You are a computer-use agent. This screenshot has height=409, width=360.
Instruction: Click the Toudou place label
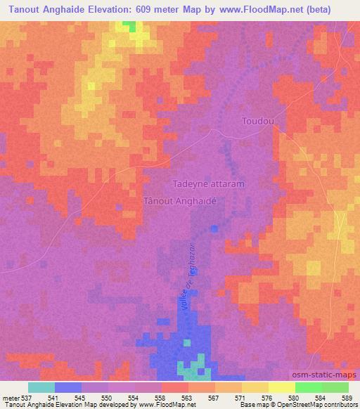tap(257, 121)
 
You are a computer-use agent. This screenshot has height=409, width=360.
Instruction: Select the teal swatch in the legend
tap(41, 387)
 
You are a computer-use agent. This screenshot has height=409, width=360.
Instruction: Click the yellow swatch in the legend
tap(282, 387)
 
